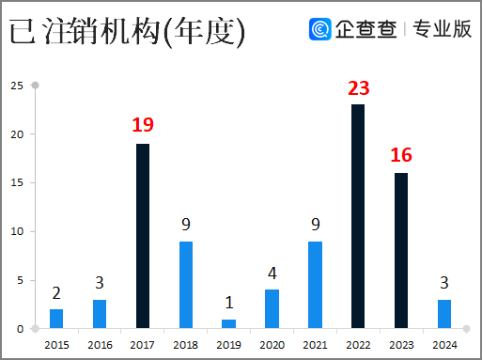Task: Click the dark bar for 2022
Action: coord(358,216)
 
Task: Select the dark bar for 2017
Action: coord(143,236)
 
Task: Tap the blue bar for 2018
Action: coord(186,285)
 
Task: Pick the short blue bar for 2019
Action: coord(229,324)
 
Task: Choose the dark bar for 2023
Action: coord(401,251)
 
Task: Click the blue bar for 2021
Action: coord(315,285)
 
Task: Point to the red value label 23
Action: coord(358,88)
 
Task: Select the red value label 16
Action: coord(401,156)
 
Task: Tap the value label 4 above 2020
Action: coord(272,274)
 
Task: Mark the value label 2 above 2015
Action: coord(56,293)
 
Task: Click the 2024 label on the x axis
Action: coord(444,345)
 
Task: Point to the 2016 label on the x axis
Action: coord(100,345)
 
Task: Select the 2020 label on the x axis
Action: coord(272,345)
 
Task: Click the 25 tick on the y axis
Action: coord(17,86)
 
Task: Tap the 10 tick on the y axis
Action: coord(17,231)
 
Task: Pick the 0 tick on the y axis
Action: coord(20,329)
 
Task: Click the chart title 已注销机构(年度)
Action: coord(128,31)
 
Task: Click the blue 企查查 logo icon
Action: coord(320,29)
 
